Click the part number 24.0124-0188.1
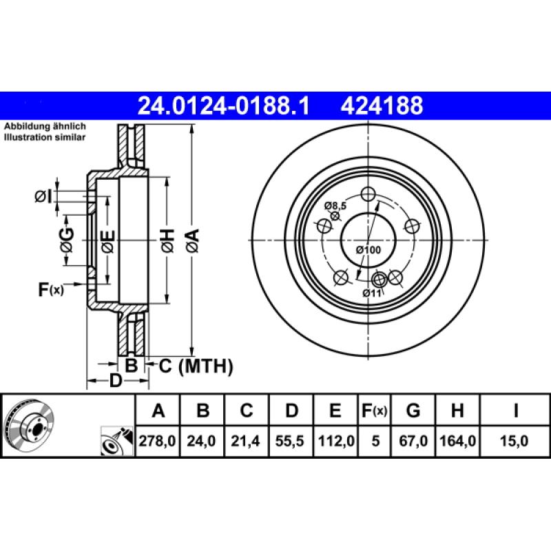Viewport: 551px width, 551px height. coord(225,105)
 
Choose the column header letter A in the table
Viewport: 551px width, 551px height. coord(158,411)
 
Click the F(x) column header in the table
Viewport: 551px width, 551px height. coord(374,411)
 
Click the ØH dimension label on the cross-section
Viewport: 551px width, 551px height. coord(167,240)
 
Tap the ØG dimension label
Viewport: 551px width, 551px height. coord(66,240)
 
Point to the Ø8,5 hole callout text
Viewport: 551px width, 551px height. coord(335,205)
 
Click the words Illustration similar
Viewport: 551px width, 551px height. coord(45,138)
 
